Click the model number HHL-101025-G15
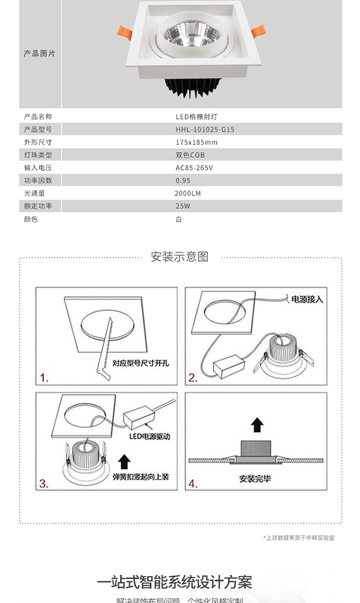point(205,129)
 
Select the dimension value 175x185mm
point(196,142)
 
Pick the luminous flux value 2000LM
point(188,193)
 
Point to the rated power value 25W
point(183,206)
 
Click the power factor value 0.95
point(183,180)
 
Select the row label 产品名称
point(38,116)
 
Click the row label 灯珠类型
point(38,155)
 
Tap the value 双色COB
point(190,155)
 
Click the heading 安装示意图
point(180,257)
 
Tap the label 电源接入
point(307,299)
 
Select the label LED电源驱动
point(149,437)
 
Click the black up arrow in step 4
point(257,426)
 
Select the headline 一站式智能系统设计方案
point(175,582)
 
